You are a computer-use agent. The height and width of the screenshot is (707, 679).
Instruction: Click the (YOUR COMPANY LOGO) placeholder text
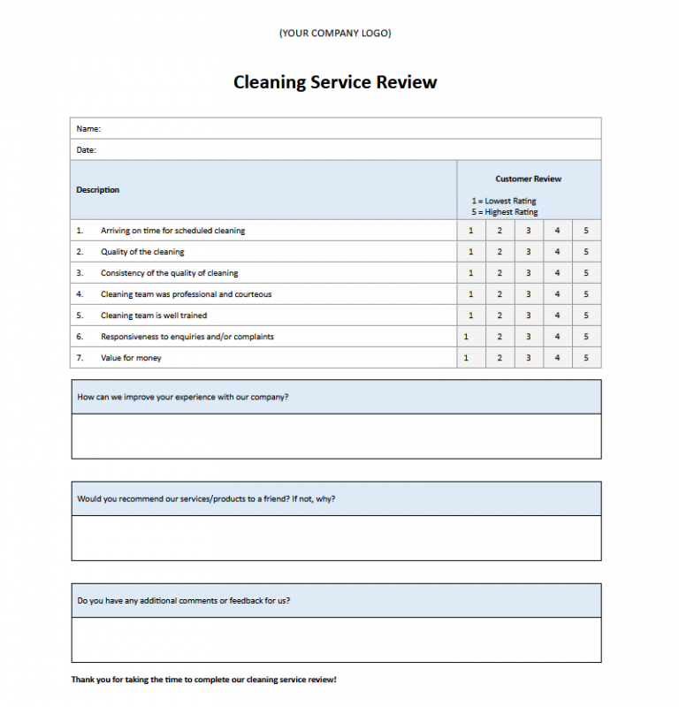tap(335, 34)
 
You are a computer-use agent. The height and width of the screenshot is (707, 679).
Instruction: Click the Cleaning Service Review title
tap(335, 82)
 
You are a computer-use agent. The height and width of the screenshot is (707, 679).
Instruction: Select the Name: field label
tap(88, 129)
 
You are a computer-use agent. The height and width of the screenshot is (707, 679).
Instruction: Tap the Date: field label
tap(86, 150)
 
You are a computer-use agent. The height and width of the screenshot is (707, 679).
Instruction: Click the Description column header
tap(97, 190)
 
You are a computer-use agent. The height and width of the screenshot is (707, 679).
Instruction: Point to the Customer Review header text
tap(528, 179)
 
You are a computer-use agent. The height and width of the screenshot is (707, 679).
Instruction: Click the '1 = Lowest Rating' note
tap(504, 201)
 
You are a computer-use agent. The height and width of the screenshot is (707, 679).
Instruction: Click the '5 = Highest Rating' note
tap(504, 212)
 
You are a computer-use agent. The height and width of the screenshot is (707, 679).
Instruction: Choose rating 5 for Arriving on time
tap(586, 231)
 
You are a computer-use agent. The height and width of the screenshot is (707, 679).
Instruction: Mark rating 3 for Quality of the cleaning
tap(528, 252)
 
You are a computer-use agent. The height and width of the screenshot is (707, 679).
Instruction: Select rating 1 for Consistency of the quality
tap(470, 273)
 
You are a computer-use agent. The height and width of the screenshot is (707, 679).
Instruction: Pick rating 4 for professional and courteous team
tap(557, 294)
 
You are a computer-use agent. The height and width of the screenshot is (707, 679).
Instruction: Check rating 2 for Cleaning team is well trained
tap(500, 315)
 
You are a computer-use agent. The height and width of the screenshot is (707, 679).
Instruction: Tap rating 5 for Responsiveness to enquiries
tap(586, 337)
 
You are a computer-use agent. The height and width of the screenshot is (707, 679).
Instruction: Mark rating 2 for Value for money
tap(500, 358)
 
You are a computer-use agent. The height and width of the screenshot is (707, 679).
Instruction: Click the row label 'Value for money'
tap(131, 358)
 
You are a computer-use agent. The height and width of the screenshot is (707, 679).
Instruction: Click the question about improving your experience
tap(182, 397)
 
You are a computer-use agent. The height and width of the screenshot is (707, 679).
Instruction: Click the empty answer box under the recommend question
tap(336, 537)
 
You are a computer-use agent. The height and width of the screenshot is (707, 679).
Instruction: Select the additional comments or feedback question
tap(183, 601)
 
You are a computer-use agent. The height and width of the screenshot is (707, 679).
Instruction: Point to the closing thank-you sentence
tap(203, 680)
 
